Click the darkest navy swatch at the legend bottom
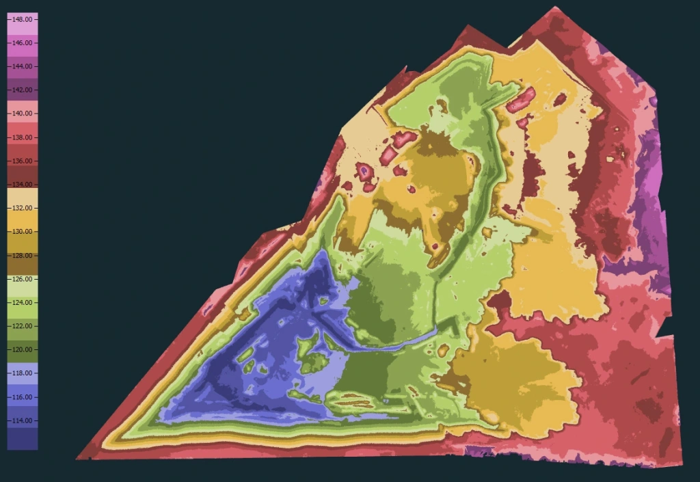22,441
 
